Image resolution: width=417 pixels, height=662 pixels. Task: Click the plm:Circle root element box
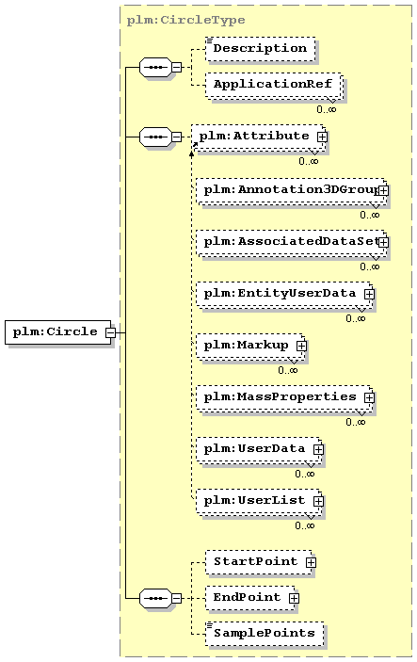click(57, 332)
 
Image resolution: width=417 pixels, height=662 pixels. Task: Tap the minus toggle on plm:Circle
click(110, 332)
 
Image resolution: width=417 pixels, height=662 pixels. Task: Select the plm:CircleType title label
click(185, 20)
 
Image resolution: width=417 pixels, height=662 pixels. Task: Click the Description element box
click(261, 49)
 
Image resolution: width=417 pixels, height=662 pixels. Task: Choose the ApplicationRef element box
click(274, 86)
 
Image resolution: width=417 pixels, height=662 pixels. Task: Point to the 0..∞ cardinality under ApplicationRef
click(327, 109)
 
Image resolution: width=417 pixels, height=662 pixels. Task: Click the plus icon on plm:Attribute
click(322, 137)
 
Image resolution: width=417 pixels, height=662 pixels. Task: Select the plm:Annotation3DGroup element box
click(291, 192)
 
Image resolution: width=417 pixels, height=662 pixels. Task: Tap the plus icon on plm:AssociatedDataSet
click(383, 242)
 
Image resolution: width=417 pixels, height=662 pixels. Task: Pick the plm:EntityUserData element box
click(284, 295)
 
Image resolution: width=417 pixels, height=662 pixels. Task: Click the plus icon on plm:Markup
click(301, 346)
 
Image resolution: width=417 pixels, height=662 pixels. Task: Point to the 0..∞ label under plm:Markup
click(288, 370)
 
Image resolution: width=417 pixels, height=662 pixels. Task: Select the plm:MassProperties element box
click(284, 398)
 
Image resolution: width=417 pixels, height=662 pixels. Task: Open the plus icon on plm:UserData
click(318, 449)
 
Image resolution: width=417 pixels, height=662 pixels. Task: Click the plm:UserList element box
click(258, 502)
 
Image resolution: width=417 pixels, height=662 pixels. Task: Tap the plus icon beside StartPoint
click(311, 562)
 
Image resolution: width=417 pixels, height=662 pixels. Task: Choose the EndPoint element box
click(250, 598)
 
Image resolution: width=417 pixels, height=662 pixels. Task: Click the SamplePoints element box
click(265, 634)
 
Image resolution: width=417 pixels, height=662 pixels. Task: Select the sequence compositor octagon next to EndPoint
click(155, 598)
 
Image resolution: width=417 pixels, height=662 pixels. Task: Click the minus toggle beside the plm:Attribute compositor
click(176, 137)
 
